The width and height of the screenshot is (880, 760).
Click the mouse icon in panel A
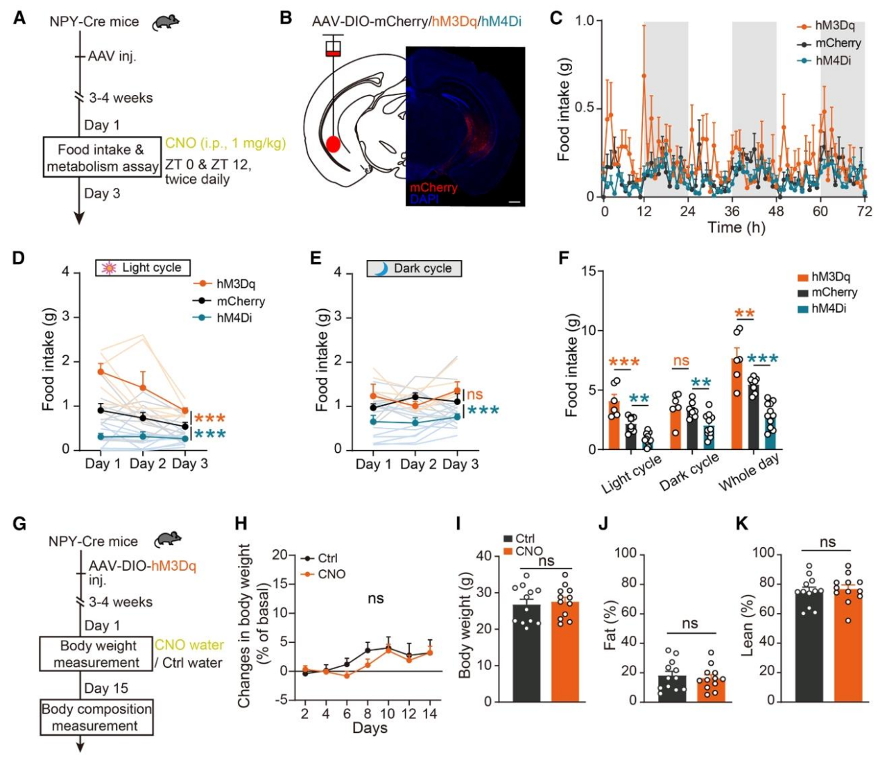point(166,21)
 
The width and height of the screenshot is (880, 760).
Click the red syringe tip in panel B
point(334,53)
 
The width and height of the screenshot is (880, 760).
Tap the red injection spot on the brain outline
point(334,144)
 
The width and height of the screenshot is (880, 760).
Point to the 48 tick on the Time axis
point(777,211)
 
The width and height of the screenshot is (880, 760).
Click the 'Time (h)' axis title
point(736,227)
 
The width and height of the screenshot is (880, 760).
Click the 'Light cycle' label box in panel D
point(143,268)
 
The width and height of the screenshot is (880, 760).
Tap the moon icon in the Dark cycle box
point(380,268)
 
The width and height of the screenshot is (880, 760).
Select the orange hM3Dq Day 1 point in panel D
point(101,372)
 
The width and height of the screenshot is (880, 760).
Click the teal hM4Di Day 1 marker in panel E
point(373,421)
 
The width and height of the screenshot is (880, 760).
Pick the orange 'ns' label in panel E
point(474,395)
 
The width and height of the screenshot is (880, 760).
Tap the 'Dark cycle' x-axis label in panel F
point(689,473)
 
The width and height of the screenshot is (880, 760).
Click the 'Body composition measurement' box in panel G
point(96,717)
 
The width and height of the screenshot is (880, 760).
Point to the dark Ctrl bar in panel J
point(672,688)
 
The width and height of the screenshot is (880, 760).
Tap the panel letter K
point(742,524)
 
